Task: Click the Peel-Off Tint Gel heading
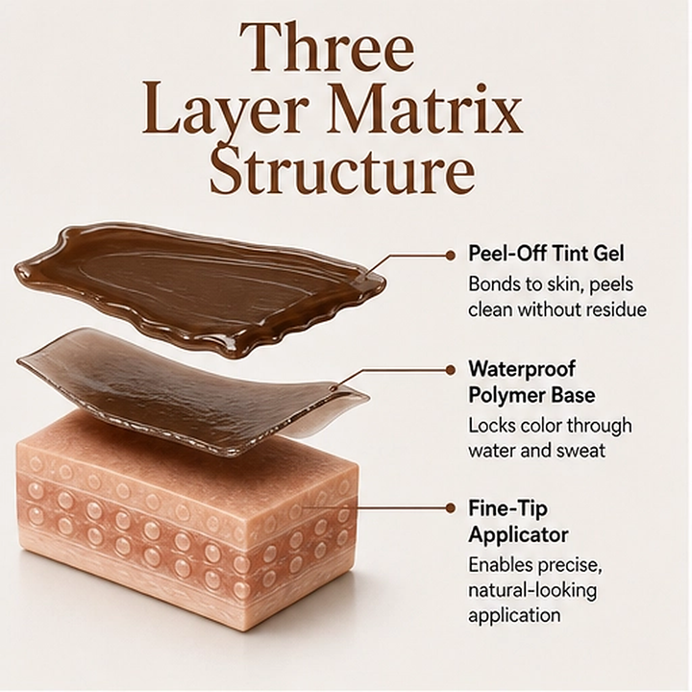(546, 254)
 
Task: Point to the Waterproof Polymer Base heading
(531, 382)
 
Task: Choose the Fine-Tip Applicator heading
(518, 522)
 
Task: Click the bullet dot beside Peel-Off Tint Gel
(450, 255)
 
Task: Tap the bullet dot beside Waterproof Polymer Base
(450, 370)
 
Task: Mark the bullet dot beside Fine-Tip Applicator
(450, 508)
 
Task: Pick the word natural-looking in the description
(532, 591)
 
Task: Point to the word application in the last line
(514, 616)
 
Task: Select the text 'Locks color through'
(550, 426)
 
